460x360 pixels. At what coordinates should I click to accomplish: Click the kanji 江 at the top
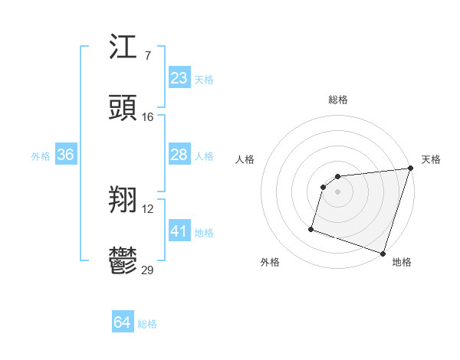click(x=124, y=48)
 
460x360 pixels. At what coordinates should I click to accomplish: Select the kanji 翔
click(x=124, y=201)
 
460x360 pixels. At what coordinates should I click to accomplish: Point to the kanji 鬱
click(x=124, y=261)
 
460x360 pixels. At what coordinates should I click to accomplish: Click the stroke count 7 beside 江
click(x=148, y=56)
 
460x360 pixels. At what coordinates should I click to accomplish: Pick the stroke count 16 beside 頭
click(x=148, y=117)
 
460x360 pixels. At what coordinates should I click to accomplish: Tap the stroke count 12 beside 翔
click(x=148, y=209)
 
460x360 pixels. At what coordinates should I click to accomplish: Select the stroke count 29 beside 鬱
click(x=148, y=270)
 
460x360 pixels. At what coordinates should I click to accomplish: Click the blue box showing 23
click(x=179, y=78)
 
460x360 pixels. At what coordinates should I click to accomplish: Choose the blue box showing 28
click(x=179, y=155)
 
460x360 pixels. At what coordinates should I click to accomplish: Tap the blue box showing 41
click(x=179, y=231)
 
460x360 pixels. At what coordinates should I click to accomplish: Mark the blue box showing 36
click(x=66, y=155)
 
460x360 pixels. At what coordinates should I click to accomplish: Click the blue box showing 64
click(x=123, y=322)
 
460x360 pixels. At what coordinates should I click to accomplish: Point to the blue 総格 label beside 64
click(x=147, y=324)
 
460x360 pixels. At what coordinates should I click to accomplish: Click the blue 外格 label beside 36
click(x=41, y=156)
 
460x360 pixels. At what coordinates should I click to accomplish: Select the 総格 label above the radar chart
click(x=338, y=100)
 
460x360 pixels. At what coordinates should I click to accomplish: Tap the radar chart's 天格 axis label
click(x=431, y=159)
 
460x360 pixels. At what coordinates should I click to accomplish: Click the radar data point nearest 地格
click(x=383, y=253)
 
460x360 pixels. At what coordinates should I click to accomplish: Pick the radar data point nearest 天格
click(x=410, y=169)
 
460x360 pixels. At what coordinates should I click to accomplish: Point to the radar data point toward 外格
click(x=312, y=228)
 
